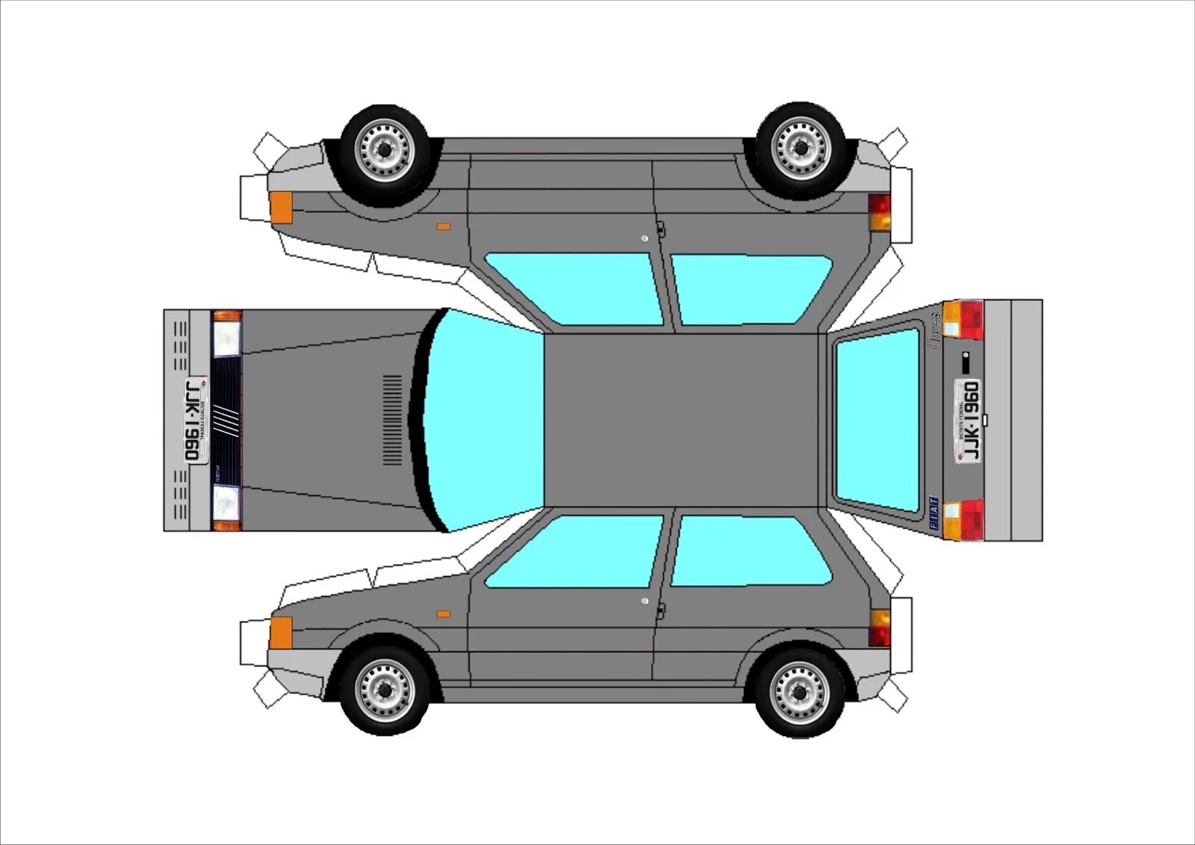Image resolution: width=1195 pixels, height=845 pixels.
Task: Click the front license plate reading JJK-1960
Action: [x=196, y=420]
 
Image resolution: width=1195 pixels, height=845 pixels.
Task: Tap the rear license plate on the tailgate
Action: [x=969, y=421]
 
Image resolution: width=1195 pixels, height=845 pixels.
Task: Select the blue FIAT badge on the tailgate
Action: [x=934, y=513]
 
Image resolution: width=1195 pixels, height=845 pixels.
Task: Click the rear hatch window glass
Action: [x=878, y=421]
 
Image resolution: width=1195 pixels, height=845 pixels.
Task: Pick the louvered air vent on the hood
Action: [x=392, y=420]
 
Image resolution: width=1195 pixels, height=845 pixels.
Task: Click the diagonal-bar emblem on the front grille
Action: [x=226, y=420]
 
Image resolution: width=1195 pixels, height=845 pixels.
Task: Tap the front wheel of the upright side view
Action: [x=385, y=689]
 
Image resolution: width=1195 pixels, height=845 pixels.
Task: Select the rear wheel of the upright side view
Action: [x=800, y=691]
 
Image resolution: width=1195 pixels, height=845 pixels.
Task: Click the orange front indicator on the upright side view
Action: [x=281, y=632]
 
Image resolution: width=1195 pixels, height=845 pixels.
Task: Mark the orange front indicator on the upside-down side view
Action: [x=281, y=207]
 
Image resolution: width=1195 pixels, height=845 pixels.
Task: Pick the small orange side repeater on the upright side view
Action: [x=444, y=614]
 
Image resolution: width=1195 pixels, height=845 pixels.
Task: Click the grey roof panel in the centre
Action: [x=681, y=420]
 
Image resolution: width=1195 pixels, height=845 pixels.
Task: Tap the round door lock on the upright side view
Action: [x=645, y=601]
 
